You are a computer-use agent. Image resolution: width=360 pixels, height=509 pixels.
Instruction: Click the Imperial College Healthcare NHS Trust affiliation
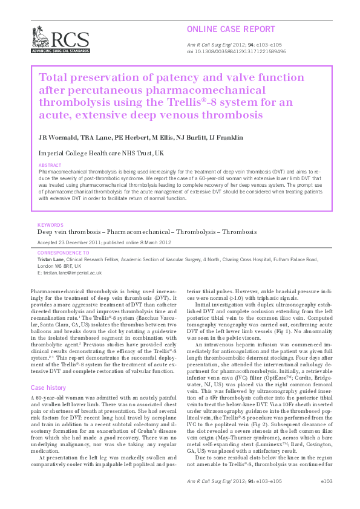100,154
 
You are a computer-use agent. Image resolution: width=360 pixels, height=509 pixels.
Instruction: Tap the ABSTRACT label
49,165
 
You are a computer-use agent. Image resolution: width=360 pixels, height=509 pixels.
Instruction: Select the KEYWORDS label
51,224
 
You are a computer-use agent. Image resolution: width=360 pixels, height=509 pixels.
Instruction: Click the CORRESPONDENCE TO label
63,252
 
